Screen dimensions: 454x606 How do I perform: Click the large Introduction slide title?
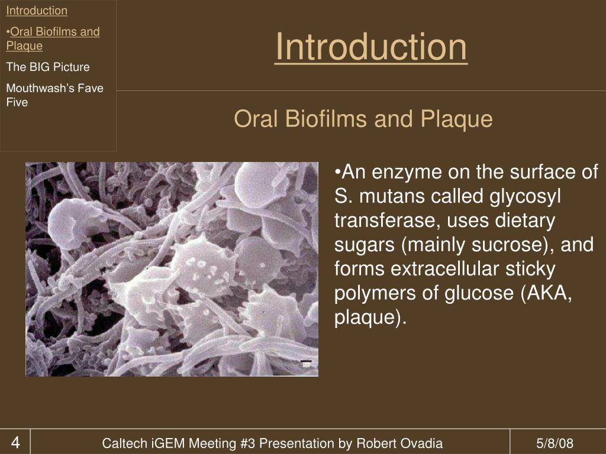tap(371, 48)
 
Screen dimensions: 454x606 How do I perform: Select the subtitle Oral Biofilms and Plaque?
tap(363, 119)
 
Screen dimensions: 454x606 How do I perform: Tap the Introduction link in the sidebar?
tap(37, 11)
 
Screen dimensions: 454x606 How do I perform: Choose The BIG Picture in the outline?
tap(48, 67)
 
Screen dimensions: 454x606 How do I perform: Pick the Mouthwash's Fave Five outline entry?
tap(54, 95)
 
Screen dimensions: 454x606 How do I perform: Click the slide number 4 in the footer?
tap(15, 443)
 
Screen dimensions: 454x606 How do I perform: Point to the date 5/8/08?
tap(555, 443)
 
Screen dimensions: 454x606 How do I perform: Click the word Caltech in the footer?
tap(122, 443)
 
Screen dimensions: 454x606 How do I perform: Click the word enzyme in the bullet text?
tap(408, 172)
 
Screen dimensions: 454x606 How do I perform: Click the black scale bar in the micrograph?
tap(306, 361)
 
